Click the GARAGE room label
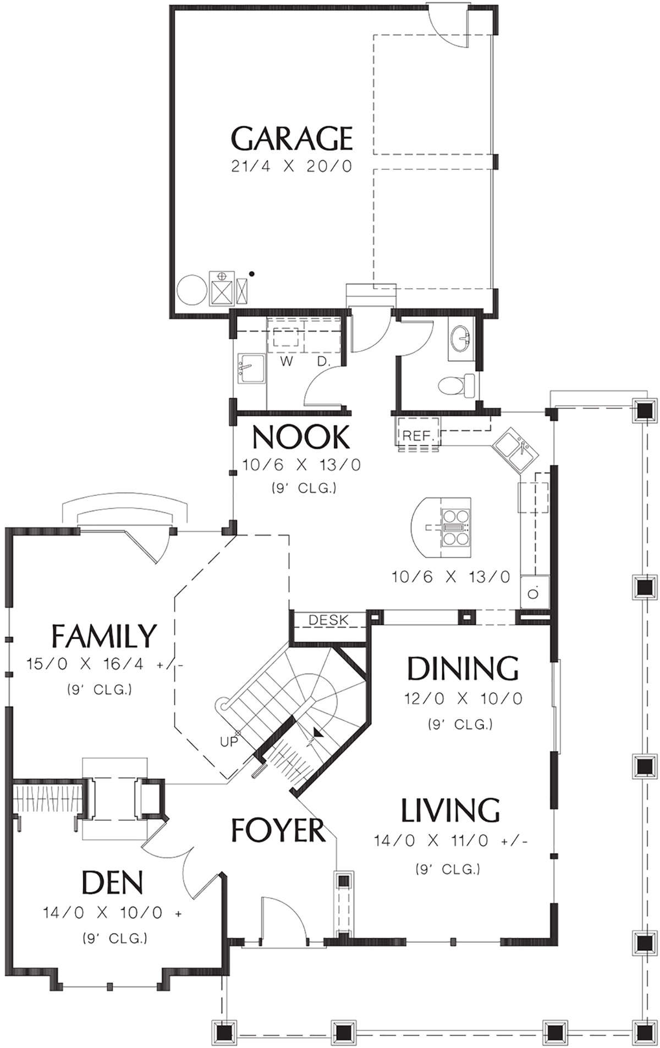[x=291, y=139]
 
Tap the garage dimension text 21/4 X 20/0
[x=291, y=167]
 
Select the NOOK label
[x=301, y=438]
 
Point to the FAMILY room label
[x=104, y=636]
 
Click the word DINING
[x=463, y=668]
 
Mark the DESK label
[x=328, y=620]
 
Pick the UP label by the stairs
[x=229, y=742]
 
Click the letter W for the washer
[x=286, y=361]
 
